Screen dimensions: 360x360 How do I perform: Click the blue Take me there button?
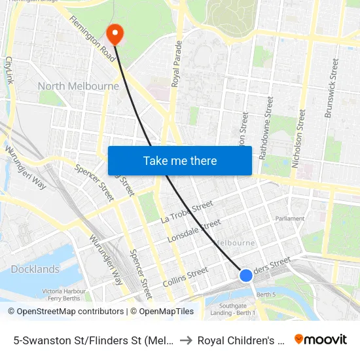pyautogui.click(x=179, y=160)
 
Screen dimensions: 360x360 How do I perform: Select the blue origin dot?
pyautogui.click(x=246, y=276)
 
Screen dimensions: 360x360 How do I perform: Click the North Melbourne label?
pyautogui.click(x=79, y=86)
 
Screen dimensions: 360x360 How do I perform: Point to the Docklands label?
pyautogui.click(x=35, y=269)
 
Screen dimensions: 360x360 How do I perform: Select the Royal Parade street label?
pyautogui.click(x=175, y=63)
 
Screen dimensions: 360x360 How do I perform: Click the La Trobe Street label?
pyautogui.click(x=187, y=212)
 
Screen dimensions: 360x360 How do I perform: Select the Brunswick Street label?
pyautogui.click(x=332, y=88)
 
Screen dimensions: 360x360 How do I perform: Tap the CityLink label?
pyautogui.click(x=9, y=70)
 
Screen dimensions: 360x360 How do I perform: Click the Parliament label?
pyautogui.click(x=290, y=219)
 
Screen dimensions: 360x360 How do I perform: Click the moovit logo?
pyautogui.click(x=321, y=339)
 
